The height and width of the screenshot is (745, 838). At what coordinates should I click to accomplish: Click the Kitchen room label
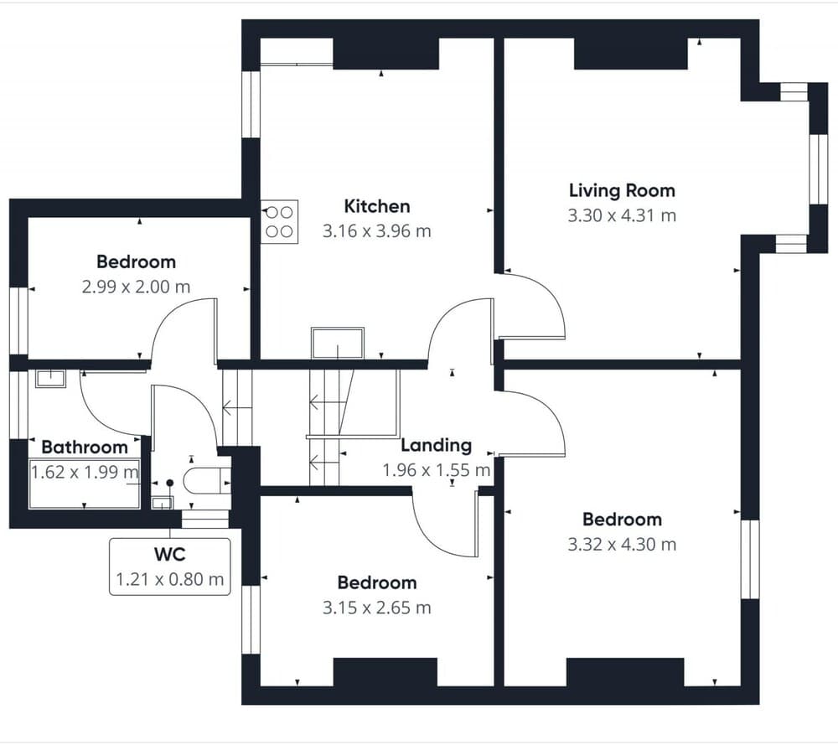(377, 206)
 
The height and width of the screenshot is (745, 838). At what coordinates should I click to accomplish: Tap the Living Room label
(622, 191)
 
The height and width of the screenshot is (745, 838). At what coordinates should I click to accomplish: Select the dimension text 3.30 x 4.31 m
(622, 215)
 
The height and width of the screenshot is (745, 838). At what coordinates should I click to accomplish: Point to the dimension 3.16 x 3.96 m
(377, 231)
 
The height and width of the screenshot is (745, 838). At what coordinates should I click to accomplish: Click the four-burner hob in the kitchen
(279, 222)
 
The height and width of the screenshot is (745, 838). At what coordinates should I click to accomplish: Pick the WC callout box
(170, 567)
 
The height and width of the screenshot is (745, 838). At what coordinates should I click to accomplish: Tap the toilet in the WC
(206, 480)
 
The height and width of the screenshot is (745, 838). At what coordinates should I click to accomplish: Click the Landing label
(436, 445)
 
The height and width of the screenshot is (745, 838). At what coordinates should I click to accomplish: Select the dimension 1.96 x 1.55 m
(436, 470)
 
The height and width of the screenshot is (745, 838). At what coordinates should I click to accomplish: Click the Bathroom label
(85, 448)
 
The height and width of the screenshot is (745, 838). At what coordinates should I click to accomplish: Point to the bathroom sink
(50, 379)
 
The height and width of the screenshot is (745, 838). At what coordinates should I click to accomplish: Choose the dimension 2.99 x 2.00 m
(136, 287)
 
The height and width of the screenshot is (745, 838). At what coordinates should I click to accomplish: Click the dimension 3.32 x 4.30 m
(622, 545)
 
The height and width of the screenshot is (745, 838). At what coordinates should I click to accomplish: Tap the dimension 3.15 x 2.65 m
(377, 608)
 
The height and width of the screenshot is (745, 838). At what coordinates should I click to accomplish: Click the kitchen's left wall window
(251, 104)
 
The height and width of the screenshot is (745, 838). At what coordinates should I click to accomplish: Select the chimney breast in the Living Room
(631, 54)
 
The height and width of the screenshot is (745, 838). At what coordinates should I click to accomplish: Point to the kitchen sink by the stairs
(338, 343)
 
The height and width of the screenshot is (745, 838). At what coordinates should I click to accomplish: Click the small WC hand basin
(162, 502)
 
